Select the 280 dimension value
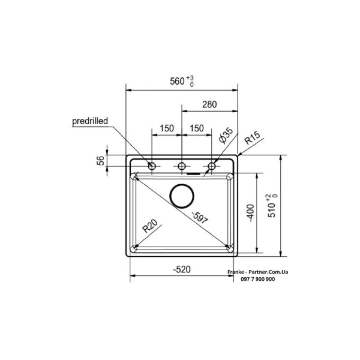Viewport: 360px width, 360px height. coord(210,104)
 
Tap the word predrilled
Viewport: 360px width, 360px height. coord(90,121)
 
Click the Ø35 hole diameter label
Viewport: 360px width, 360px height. coord(226,136)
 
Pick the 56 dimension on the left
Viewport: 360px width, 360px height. coord(100,161)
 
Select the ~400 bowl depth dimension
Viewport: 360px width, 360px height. coord(251,213)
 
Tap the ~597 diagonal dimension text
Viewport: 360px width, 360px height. coord(200,218)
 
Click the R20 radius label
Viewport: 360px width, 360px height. coord(150,226)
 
